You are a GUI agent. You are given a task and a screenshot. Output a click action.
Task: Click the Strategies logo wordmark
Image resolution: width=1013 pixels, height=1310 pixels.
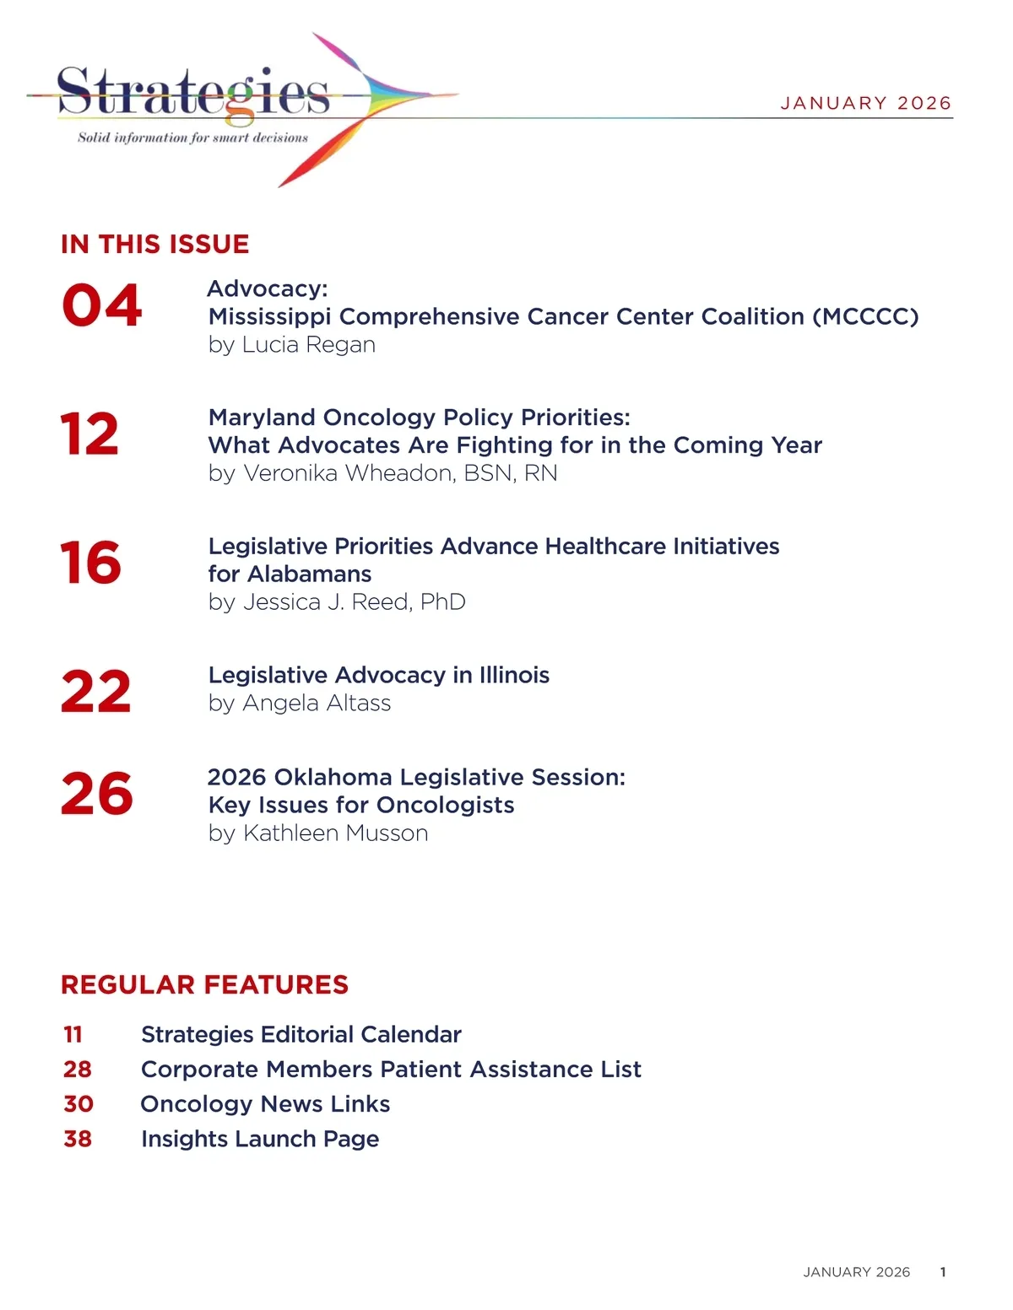pos(192,92)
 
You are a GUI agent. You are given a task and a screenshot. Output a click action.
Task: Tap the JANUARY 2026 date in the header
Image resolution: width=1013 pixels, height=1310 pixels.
pos(865,103)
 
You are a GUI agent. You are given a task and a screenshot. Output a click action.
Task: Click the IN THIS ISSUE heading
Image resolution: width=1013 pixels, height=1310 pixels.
pos(154,244)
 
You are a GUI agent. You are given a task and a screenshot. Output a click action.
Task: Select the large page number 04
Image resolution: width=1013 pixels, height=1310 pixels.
pos(101,305)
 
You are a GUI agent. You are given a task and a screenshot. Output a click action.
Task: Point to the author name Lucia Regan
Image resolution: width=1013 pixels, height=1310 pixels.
pos(308,344)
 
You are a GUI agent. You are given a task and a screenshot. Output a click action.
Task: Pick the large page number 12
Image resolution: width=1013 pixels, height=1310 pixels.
pos(89,434)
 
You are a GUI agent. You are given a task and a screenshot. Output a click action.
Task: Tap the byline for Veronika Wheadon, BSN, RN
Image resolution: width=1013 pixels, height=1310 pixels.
pos(382,473)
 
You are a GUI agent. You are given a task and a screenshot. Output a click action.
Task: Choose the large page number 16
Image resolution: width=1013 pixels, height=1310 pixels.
pos(90,563)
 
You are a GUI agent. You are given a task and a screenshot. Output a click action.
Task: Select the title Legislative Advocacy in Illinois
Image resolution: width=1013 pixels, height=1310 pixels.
pos(378,675)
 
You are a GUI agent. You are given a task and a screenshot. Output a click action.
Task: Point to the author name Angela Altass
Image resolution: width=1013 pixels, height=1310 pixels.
pos(317,703)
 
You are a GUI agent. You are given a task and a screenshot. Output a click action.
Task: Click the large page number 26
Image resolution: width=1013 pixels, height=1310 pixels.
pos(96,794)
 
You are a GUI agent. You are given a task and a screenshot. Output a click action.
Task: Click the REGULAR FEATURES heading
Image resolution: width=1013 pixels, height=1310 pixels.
pos(204,984)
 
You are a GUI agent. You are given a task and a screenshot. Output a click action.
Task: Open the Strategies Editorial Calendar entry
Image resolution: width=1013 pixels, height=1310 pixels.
pos(301,1034)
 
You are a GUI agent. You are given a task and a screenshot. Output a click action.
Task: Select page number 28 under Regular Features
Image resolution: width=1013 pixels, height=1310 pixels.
pos(78,1069)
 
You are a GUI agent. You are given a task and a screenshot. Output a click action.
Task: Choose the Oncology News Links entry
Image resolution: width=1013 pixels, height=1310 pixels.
pos(265,1103)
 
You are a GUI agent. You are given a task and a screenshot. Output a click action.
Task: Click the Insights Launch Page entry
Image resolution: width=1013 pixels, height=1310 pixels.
pos(260,1139)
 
